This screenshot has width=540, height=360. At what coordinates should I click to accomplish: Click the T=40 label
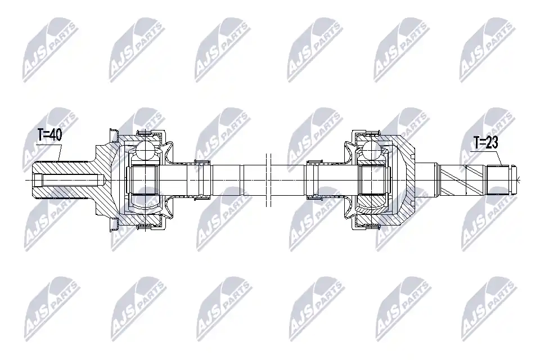click(x=49, y=136)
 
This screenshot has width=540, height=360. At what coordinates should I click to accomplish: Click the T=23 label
click(x=485, y=142)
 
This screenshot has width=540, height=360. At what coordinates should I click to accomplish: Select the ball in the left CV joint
click(x=145, y=150)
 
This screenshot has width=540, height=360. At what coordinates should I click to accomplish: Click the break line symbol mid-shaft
click(x=269, y=180)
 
